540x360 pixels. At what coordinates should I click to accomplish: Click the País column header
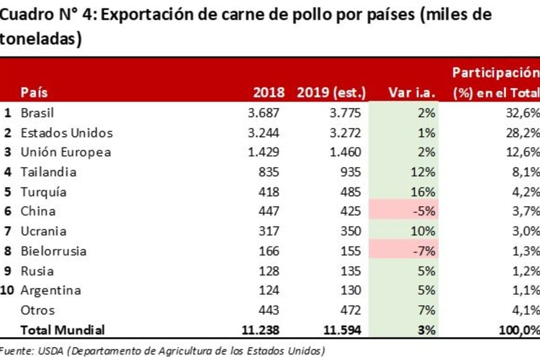coord(34,93)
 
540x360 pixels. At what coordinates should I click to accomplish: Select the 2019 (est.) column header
coord(331,93)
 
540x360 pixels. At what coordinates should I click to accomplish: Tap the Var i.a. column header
coord(412,93)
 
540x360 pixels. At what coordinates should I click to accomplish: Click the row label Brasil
coord(37,113)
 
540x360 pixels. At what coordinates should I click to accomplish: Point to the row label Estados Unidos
coord(66,133)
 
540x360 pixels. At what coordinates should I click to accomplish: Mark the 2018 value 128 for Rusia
coord(269,271)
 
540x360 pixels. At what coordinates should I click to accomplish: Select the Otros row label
coord(37,310)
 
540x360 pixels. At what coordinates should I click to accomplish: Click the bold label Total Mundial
coord(63,330)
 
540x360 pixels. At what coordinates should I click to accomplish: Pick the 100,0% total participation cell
coord(518,330)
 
